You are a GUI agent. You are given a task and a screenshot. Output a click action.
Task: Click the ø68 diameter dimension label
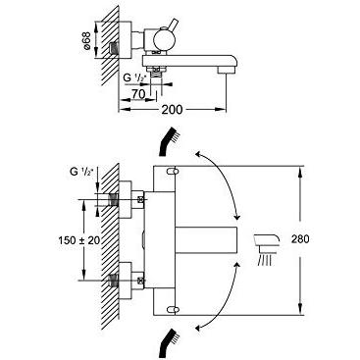pos(86,40)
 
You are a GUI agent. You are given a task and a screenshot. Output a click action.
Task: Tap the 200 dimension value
pos(172,110)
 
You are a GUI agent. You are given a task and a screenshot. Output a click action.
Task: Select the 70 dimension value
pos(138,94)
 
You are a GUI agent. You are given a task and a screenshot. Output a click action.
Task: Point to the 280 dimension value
pos(300,239)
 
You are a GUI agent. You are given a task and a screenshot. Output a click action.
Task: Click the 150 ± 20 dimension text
pos(79,240)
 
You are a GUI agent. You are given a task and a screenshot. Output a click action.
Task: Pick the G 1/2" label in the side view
pos(134,77)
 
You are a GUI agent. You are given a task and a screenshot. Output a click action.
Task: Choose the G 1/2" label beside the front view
pos(81,172)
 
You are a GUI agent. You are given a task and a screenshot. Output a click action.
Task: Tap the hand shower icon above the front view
pos(168,140)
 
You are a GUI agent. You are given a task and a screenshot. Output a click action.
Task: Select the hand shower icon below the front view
pos(168,343)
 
